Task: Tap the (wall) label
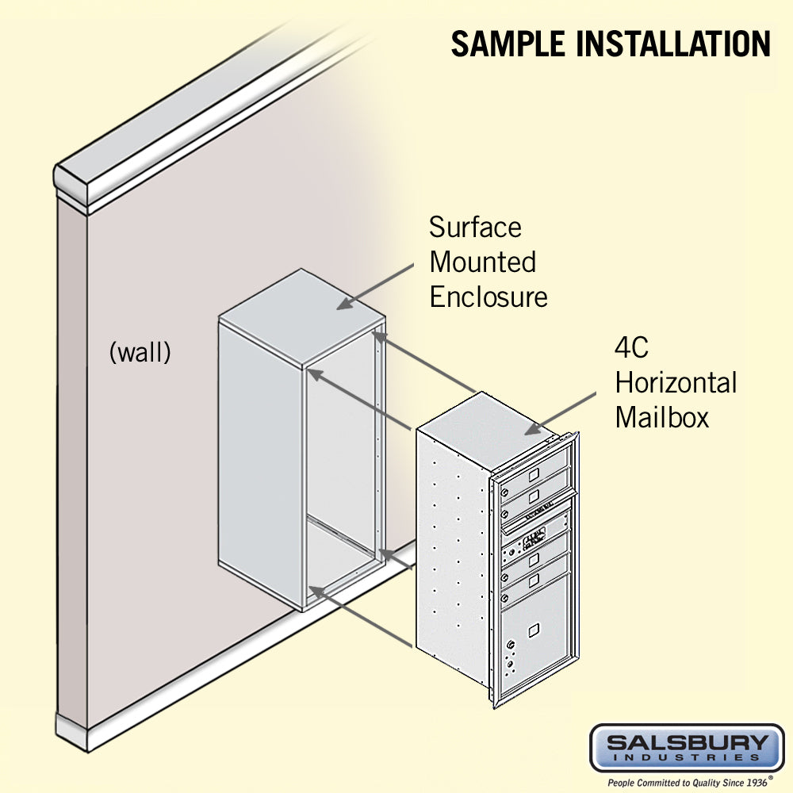tap(140, 352)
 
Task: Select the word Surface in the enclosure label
tap(475, 228)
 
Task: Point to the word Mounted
tap(482, 262)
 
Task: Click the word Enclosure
tap(488, 297)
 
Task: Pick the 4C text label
tap(632, 348)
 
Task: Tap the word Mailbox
tap(661, 417)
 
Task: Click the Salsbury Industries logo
tap(686, 747)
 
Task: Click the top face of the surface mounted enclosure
tap(301, 313)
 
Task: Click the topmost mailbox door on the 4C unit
tap(533, 475)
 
